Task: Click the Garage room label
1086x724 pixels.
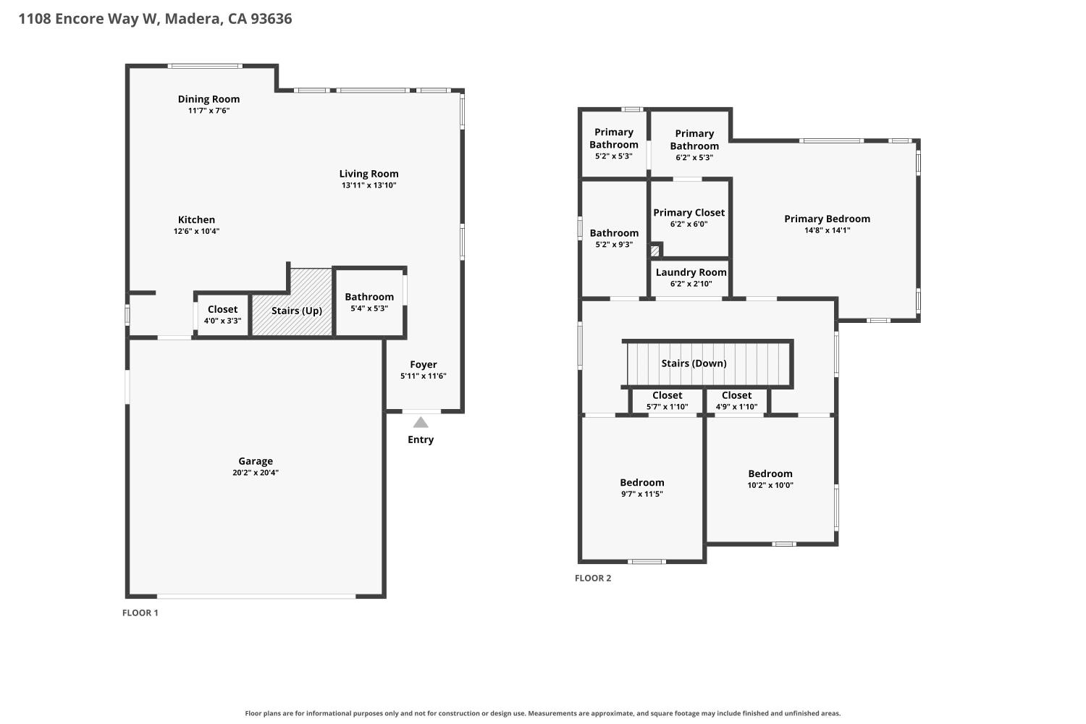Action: tap(256, 461)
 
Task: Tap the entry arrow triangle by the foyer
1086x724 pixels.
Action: tap(421, 422)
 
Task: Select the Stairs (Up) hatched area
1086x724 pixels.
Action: tap(292, 302)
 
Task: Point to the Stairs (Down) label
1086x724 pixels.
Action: tap(694, 363)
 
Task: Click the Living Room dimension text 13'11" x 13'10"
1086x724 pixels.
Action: tap(369, 185)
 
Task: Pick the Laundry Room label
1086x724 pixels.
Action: tap(691, 272)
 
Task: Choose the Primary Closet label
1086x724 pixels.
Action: tap(689, 212)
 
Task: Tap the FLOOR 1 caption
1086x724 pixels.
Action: tap(140, 613)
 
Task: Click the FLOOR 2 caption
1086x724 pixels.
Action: tap(593, 578)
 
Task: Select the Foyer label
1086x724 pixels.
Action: tap(424, 364)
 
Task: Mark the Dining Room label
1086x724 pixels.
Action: tap(209, 99)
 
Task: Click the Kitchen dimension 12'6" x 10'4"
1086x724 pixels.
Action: tap(196, 231)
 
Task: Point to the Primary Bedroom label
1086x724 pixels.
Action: tap(827, 219)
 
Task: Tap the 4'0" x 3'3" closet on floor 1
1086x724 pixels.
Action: tap(222, 315)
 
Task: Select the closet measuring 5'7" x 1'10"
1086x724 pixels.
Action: tap(667, 401)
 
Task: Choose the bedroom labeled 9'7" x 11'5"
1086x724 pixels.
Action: tap(642, 488)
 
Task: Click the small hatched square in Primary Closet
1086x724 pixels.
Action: tap(654, 251)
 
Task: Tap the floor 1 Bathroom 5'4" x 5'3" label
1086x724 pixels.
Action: tap(369, 297)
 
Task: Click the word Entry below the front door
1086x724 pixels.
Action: tap(421, 439)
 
